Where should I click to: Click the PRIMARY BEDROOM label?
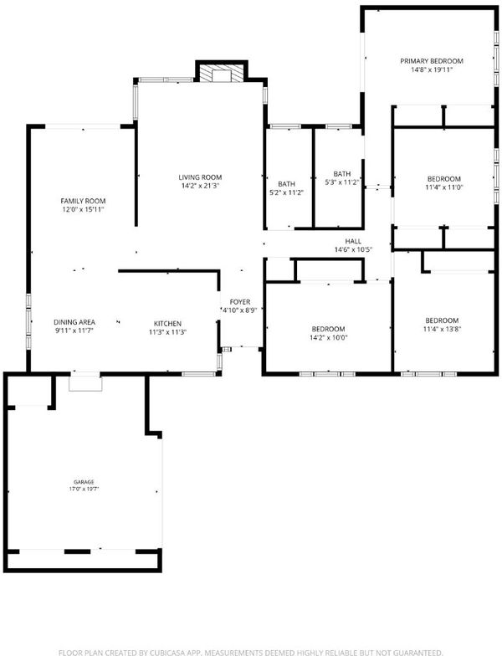(432, 61)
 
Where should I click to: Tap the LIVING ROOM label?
(200, 177)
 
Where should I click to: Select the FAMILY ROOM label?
(84, 201)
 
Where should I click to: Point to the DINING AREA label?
(74, 322)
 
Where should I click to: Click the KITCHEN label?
(167, 324)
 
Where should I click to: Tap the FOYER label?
(240, 302)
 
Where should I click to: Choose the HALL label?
(353, 241)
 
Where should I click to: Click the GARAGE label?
(84, 482)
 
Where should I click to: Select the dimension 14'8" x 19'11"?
(432, 70)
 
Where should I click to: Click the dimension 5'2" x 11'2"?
(286, 192)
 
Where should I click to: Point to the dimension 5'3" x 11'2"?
(342, 182)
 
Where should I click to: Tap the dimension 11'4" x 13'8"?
(442, 330)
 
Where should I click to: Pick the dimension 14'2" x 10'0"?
(328, 338)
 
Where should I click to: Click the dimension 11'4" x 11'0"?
(443, 187)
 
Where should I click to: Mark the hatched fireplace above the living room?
(222, 73)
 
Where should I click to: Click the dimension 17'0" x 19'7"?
(84, 489)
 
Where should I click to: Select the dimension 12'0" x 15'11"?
(84, 209)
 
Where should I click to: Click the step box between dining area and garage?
(85, 383)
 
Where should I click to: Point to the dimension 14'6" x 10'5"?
(353, 249)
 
